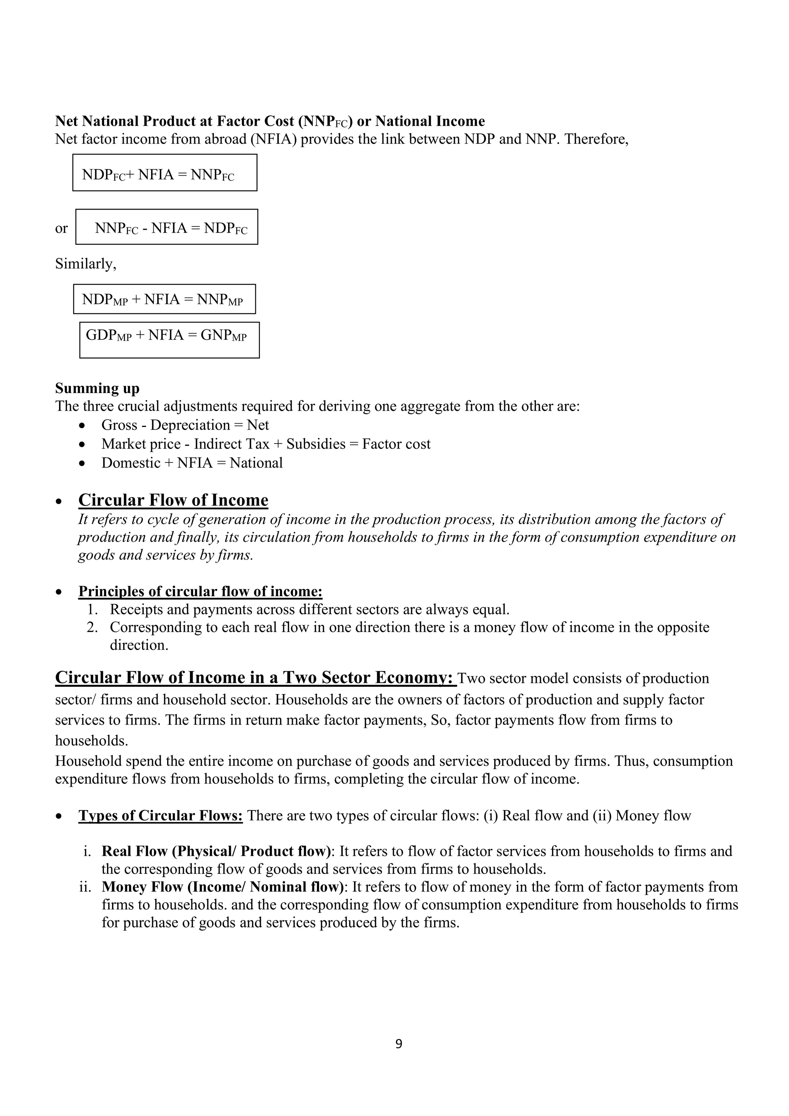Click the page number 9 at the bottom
pyautogui.click(x=398, y=1044)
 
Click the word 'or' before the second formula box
pyautogui.click(x=61, y=229)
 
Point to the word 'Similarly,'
pyautogui.click(x=86, y=264)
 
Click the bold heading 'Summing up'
pyautogui.click(x=97, y=388)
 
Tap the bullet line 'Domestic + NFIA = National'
pyautogui.click(x=191, y=463)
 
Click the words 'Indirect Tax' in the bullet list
pyautogui.click(x=232, y=444)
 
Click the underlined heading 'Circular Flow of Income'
pyautogui.click(x=173, y=500)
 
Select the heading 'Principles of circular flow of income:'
pyautogui.click(x=200, y=591)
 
